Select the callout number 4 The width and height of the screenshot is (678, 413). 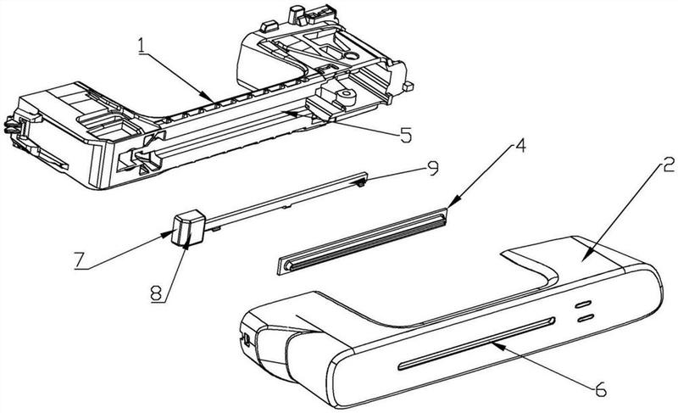coord(520,146)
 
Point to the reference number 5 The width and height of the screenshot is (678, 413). coord(405,136)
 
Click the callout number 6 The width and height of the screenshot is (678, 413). coord(600,389)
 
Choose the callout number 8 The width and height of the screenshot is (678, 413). coord(158,294)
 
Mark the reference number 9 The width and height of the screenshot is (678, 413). coord(432,169)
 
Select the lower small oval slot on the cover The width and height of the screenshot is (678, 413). coord(585,319)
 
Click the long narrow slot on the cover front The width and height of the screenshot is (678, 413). coord(476,343)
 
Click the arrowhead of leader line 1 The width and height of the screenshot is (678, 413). coord(208,97)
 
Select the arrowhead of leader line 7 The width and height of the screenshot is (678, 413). coord(168,235)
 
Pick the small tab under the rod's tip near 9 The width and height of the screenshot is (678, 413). coord(360,184)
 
